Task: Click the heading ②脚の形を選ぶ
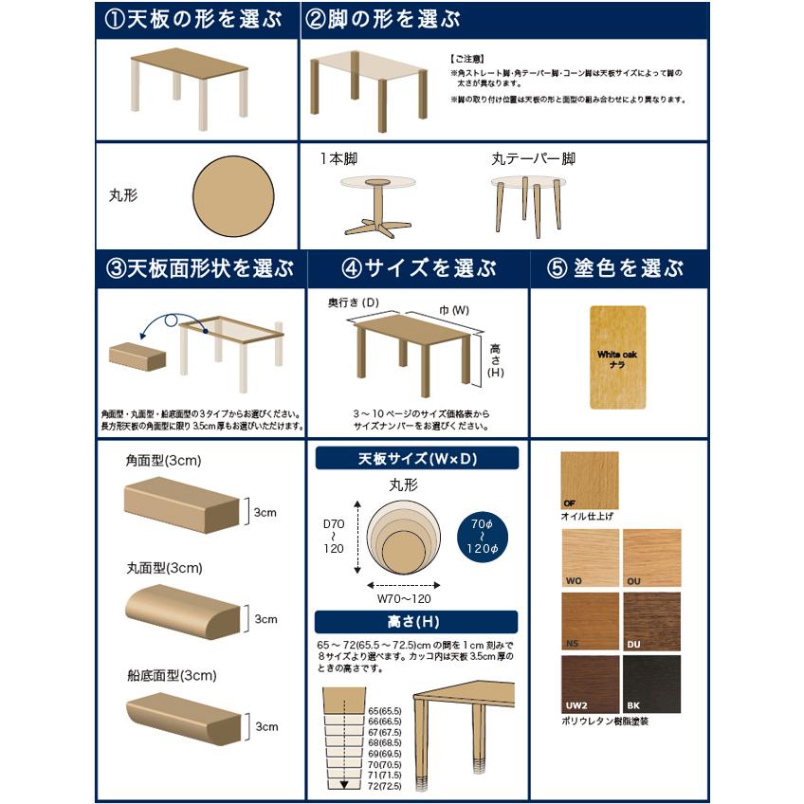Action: pos(383,21)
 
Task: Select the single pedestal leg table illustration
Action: pos(377,205)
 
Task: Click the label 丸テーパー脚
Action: pos(533,159)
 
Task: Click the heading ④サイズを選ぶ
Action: pos(418,268)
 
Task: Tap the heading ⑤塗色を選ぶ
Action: pos(616,268)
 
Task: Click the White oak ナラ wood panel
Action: pos(617,357)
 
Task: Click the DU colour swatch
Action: pos(652,621)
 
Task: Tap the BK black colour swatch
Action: pos(652,684)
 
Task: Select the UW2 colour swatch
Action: pos(589,684)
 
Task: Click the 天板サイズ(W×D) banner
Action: pos(417,459)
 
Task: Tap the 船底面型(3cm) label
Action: pos(171,676)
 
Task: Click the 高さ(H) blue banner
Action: pos(417,622)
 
